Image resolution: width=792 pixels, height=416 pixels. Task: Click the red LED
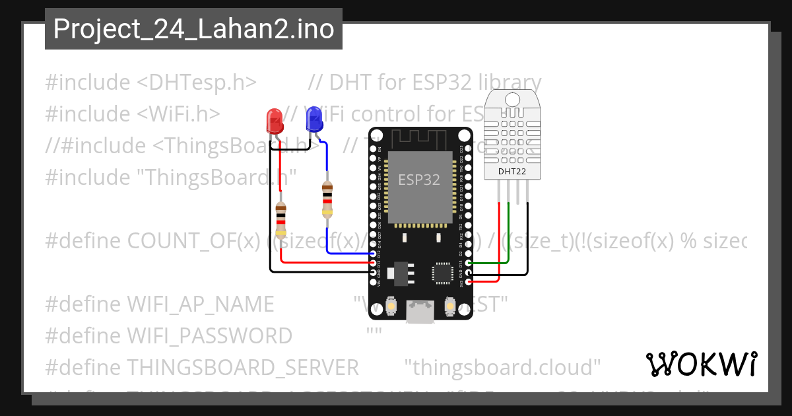274,120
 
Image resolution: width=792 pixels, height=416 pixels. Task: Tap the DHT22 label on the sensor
512,172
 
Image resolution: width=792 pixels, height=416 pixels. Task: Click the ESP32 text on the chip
418,179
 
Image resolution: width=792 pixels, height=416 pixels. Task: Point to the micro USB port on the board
420,312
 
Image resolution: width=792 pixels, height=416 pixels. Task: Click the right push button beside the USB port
450,307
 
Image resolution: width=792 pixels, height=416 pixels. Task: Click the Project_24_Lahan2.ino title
193,29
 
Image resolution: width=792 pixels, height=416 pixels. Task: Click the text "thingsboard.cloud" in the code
502,367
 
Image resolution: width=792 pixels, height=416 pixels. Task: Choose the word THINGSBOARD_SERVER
242,367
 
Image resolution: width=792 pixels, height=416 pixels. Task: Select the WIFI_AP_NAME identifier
199,304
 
